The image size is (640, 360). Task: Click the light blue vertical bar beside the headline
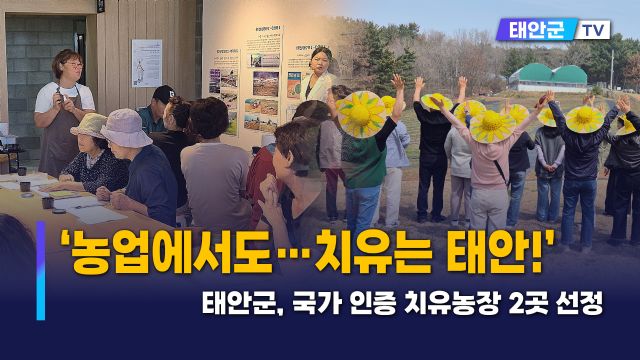(41, 271)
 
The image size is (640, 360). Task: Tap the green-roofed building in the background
(547, 77)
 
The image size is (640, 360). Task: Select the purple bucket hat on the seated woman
(126, 127)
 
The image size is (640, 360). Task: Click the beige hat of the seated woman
(89, 126)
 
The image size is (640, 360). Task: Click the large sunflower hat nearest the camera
(361, 114)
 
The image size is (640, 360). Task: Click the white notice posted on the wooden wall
(146, 62)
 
